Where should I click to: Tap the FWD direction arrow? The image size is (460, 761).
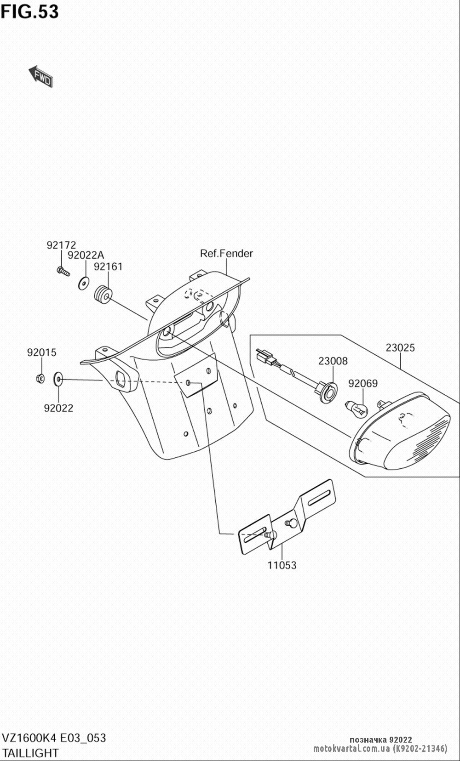pos(41,77)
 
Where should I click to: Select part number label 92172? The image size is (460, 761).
pos(61,245)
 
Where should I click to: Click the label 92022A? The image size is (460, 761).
pos(86,255)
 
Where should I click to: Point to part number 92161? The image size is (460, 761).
pos(108,267)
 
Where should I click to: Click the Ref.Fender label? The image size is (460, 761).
pos(226,253)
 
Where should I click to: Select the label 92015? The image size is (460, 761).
pos(41,352)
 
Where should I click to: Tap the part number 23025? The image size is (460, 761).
pos(400,348)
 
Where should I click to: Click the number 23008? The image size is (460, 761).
pos(333,361)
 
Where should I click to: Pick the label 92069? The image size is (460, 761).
pos(362,383)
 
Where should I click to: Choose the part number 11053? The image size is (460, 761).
pos(282,565)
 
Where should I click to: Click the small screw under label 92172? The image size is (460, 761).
pos(63,271)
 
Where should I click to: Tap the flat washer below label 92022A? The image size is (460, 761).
pos(84,283)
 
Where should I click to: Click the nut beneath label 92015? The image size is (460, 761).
pos(40,379)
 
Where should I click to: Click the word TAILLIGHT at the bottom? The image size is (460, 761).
pos(31,753)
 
